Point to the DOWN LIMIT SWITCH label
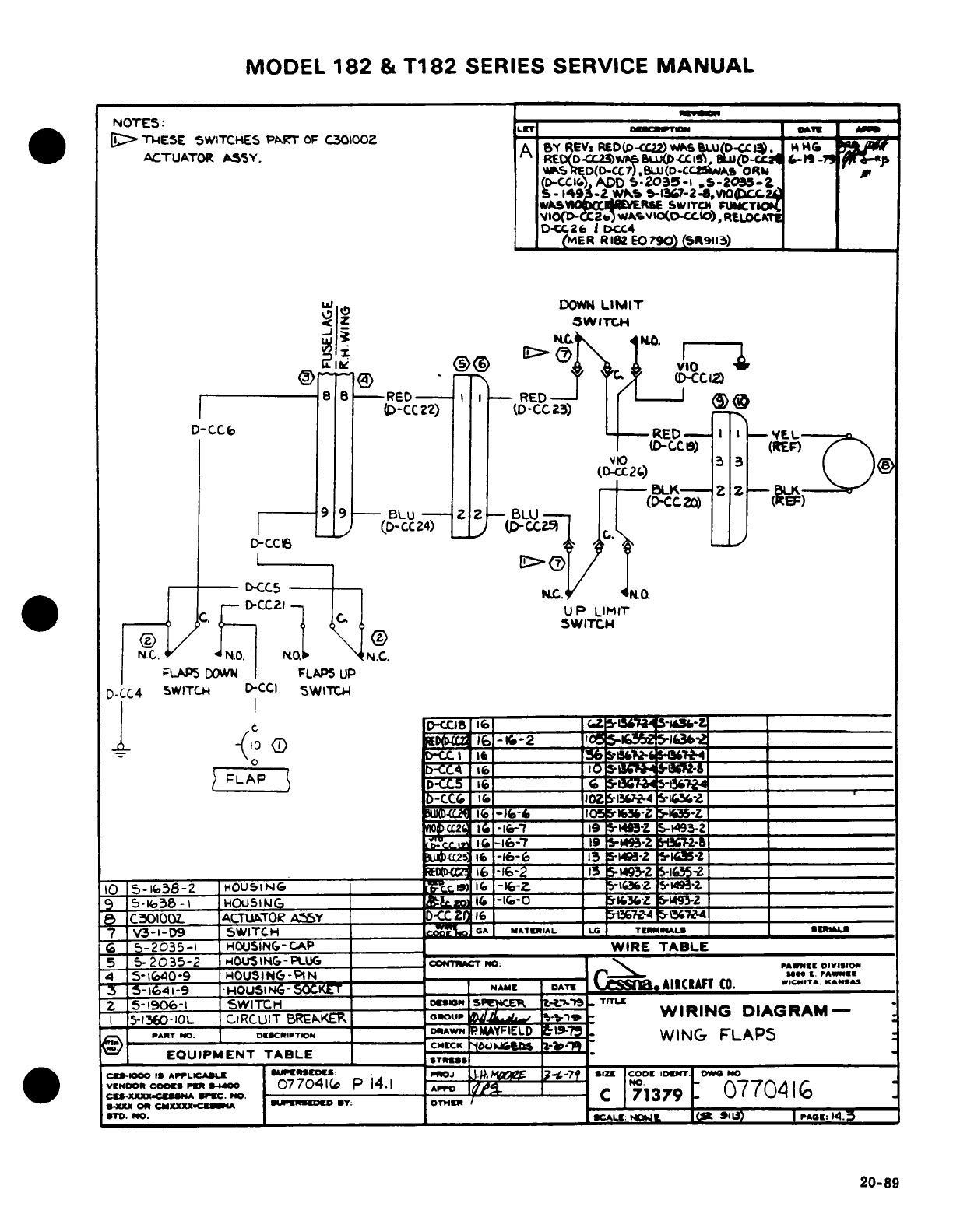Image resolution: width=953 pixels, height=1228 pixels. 600,313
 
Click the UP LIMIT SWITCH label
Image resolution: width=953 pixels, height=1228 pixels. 589,617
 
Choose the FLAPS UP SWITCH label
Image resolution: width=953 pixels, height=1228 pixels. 325,682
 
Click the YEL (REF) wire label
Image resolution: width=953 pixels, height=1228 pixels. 785,441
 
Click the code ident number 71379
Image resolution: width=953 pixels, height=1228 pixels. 658,1095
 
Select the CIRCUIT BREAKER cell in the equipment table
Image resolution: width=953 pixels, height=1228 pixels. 285,1019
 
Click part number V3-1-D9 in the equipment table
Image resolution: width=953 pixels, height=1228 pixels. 161,932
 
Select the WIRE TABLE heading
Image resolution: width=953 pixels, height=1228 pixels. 659,947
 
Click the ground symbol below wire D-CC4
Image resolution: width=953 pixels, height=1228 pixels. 121,750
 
